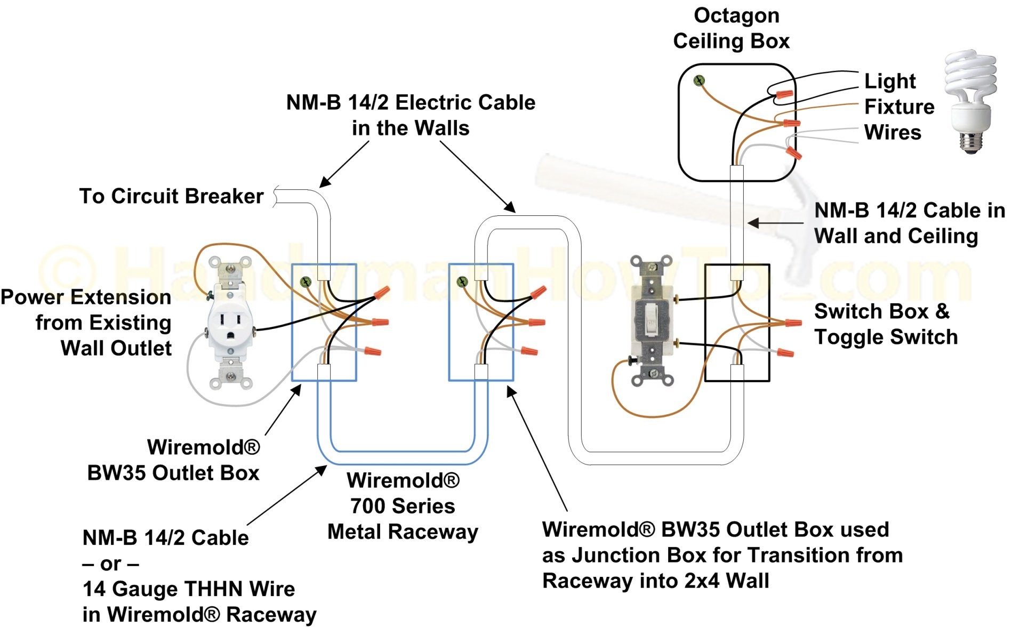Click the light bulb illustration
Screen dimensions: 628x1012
970,101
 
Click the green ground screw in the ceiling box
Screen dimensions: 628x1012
699,80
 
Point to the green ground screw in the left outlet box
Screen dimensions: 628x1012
306,281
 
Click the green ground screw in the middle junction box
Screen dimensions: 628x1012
462,281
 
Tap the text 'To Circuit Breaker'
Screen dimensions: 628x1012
171,196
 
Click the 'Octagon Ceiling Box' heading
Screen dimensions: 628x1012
732,28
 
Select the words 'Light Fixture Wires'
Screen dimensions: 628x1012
898,107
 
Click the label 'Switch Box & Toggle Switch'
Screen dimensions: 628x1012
885,324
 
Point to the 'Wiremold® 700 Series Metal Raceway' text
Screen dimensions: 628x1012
403,506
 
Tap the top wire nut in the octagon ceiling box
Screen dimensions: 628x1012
784,94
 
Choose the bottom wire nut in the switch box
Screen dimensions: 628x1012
785,352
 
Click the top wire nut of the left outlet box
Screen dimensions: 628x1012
382,292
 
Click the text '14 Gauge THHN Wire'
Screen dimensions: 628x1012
188,589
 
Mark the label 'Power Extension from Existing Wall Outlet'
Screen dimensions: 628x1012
86,323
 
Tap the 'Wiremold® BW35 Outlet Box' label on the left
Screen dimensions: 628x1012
174,460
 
